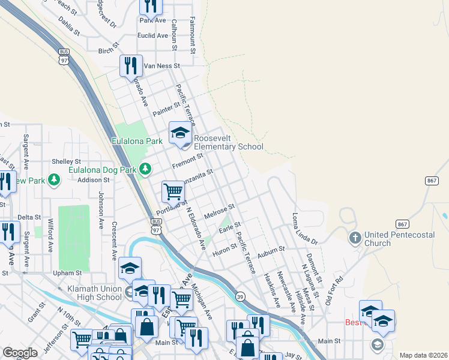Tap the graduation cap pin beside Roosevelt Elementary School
tap(179, 134)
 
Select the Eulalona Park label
tap(137, 142)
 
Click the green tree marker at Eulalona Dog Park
tap(145, 170)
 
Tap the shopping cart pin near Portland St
tap(173, 192)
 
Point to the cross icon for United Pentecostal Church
tap(355, 239)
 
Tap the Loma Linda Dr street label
tap(304, 228)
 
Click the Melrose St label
tap(218, 212)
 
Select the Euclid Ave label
tap(152, 35)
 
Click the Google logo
tap(20, 353)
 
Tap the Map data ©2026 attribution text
tap(423, 355)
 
